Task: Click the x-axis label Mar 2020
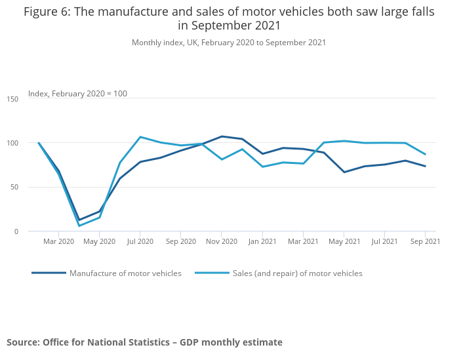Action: pyautogui.click(x=59, y=241)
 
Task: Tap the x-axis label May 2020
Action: pyautogui.click(x=100, y=241)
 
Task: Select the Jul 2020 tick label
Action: pyautogui.click(x=140, y=241)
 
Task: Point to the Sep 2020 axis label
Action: pyautogui.click(x=181, y=241)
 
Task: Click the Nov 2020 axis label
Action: pyautogui.click(x=222, y=241)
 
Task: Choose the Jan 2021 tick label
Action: pyautogui.click(x=262, y=241)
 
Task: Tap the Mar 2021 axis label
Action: pyautogui.click(x=303, y=241)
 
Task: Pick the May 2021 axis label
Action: pyautogui.click(x=344, y=241)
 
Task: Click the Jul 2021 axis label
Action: pyautogui.click(x=384, y=241)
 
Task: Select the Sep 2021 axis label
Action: pyautogui.click(x=424, y=241)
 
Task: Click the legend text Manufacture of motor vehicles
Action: pyautogui.click(x=125, y=273)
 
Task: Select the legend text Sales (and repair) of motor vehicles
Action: pyautogui.click(x=297, y=273)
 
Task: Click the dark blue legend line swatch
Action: pyautogui.click(x=49, y=273)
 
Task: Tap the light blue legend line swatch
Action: pyautogui.click(x=212, y=273)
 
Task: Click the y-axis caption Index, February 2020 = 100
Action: pyautogui.click(x=77, y=94)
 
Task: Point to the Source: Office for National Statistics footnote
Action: pyautogui.click(x=144, y=342)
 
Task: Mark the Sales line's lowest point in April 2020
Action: pyautogui.click(x=79, y=226)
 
